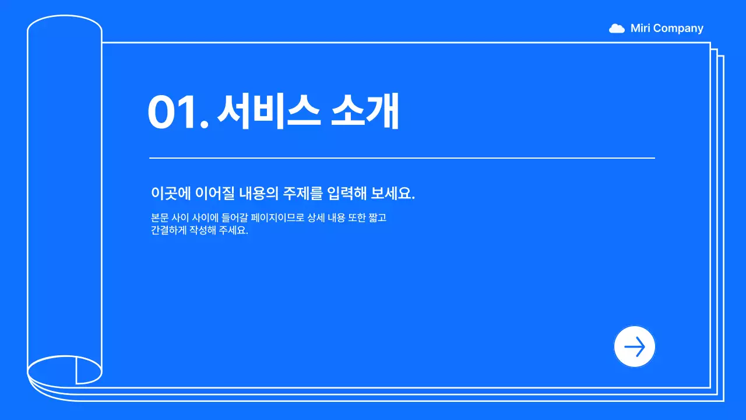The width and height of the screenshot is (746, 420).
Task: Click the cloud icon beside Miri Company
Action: tap(617, 29)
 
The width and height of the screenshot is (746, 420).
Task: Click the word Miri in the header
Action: tap(641, 29)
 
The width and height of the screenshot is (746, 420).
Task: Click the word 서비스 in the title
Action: tap(269, 111)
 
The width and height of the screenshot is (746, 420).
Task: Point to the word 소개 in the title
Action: tap(365, 111)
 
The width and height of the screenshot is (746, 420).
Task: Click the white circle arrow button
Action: tap(635, 346)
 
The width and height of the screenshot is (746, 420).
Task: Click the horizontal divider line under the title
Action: tap(402, 158)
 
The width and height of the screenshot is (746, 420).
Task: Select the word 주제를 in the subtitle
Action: tap(302, 194)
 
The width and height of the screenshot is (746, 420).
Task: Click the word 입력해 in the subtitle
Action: tap(347, 194)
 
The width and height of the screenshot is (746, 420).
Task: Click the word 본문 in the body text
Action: tap(159, 218)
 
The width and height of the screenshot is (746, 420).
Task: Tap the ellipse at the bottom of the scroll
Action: tap(65, 370)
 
